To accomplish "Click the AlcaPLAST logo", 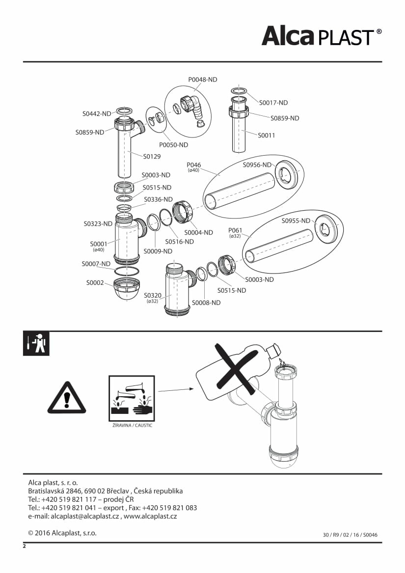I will [321, 35].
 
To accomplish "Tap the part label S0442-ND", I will [97, 114].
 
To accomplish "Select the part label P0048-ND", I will [202, 80].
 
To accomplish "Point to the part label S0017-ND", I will [273, 103].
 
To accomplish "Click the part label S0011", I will [267, 135].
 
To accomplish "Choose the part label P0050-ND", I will [173, 145].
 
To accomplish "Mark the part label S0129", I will [152, 157].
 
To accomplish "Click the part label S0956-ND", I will [257, 165].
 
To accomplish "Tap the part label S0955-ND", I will [296, 220].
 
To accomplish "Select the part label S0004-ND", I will [199, 232].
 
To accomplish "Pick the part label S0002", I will [95, 283].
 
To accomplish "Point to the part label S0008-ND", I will [206, 302].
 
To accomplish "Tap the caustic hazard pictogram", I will [132, 398].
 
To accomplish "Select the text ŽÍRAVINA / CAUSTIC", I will [132, 425].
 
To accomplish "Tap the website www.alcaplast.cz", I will [150, 516].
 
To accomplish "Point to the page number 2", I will [24, 546].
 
